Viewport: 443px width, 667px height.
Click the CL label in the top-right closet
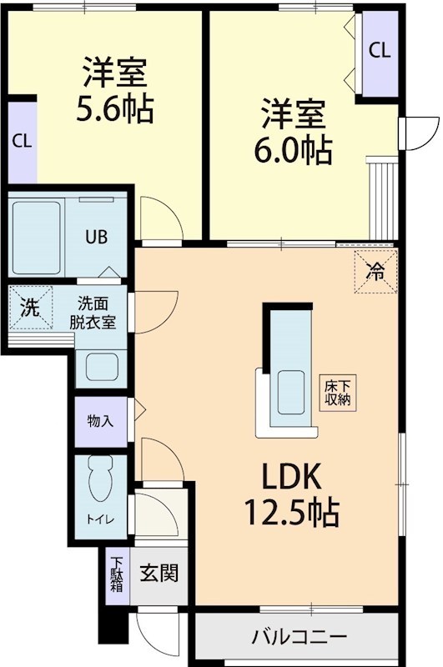pos(379,50)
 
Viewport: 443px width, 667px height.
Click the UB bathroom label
pos(98,236)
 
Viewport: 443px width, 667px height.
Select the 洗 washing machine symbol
pos(29,307)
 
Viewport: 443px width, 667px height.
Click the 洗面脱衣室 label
pos(97,313)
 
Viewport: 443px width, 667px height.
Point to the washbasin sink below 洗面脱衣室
pos(102,366)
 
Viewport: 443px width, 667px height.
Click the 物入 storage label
pos(99,421)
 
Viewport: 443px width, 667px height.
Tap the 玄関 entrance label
pos(158,574)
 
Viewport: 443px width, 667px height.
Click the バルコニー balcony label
pos(299,638)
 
